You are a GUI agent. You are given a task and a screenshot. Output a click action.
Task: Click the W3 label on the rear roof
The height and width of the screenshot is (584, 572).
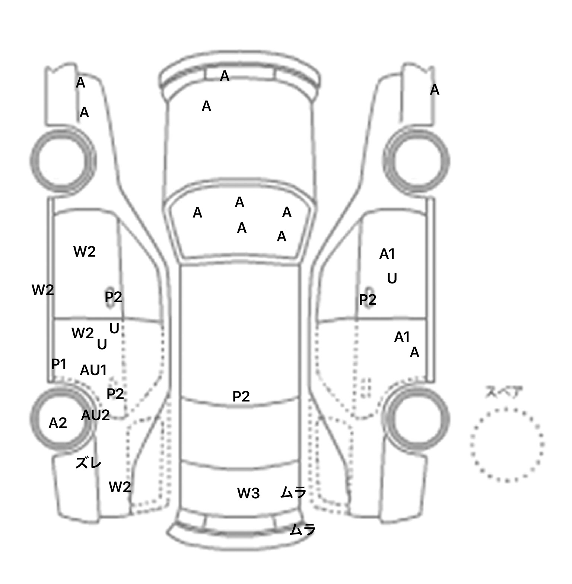[248, 493]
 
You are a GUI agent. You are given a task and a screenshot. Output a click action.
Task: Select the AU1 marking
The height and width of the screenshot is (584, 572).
[93, 370]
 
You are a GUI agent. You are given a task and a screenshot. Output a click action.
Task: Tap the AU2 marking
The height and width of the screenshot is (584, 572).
[95, 415]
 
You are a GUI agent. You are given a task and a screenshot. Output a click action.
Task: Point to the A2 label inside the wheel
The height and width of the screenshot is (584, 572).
[58, 423]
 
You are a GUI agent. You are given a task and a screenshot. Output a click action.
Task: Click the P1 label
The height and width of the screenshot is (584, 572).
[59, 364]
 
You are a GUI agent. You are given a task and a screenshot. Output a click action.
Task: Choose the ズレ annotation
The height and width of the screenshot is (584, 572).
[88, 463]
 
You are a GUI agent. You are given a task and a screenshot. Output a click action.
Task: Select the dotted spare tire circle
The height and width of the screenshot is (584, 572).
[507, 444]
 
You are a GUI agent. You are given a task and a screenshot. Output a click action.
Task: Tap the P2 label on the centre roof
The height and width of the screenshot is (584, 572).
[241, 397]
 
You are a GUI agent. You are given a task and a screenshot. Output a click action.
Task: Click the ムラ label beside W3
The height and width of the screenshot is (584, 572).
[293, 493]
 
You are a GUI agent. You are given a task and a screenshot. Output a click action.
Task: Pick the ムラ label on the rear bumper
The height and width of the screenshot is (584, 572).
[303, 529]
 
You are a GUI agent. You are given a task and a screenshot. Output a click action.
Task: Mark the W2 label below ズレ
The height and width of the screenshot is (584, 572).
[120, 487]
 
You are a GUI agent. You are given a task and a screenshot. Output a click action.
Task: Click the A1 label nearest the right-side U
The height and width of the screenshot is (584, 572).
[387, 254]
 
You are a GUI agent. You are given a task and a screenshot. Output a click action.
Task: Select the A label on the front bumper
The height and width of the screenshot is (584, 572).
[225, 76]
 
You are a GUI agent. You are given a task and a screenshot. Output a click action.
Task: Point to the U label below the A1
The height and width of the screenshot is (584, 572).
[392, 279]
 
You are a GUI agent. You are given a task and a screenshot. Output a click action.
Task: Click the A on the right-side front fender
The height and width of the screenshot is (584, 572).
[435, 90]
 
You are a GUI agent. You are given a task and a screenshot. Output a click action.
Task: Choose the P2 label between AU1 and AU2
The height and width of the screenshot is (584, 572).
[115, 394]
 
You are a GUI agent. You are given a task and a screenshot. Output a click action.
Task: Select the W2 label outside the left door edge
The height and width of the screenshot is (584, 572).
[43, 290]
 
